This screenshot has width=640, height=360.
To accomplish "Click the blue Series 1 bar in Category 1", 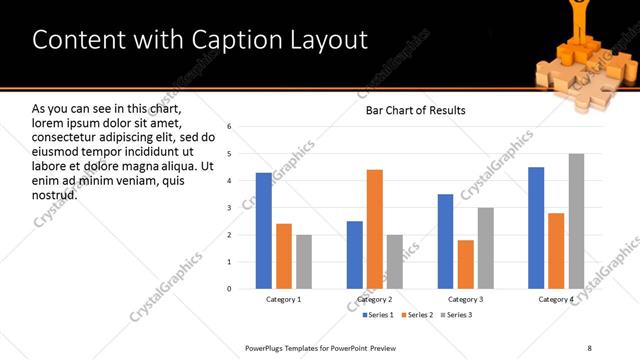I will pos(264,230).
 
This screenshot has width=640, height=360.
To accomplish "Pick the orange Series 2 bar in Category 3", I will pos(466,264).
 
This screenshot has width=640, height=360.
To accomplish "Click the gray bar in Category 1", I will pos(304,261).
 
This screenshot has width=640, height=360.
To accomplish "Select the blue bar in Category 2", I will pos(355,254).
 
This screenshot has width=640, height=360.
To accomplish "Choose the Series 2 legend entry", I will pos(415,315).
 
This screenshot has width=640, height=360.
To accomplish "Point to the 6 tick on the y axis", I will pos(229,127).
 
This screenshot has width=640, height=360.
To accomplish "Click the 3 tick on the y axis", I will pos(229,208).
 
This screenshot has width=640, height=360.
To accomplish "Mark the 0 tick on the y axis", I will pos(229,289).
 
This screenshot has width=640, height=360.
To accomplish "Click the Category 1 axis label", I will pos(284,299).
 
